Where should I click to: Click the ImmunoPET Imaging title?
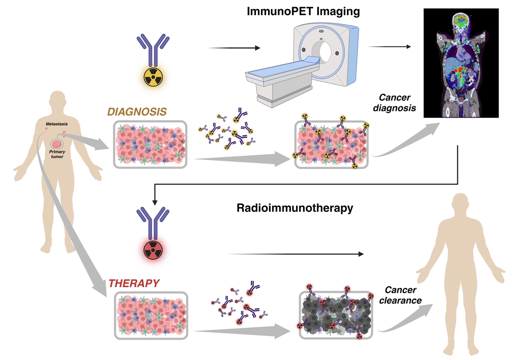coord(303,11)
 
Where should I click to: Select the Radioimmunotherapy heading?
coord(295,208)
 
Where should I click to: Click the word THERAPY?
coord(134,283)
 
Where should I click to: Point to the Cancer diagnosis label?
coord(396,103)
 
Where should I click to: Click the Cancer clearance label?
coord(403,295)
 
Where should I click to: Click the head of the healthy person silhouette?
coord(463,206)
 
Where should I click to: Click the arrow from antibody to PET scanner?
coord(234,48)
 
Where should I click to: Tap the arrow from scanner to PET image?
coord(389,47)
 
